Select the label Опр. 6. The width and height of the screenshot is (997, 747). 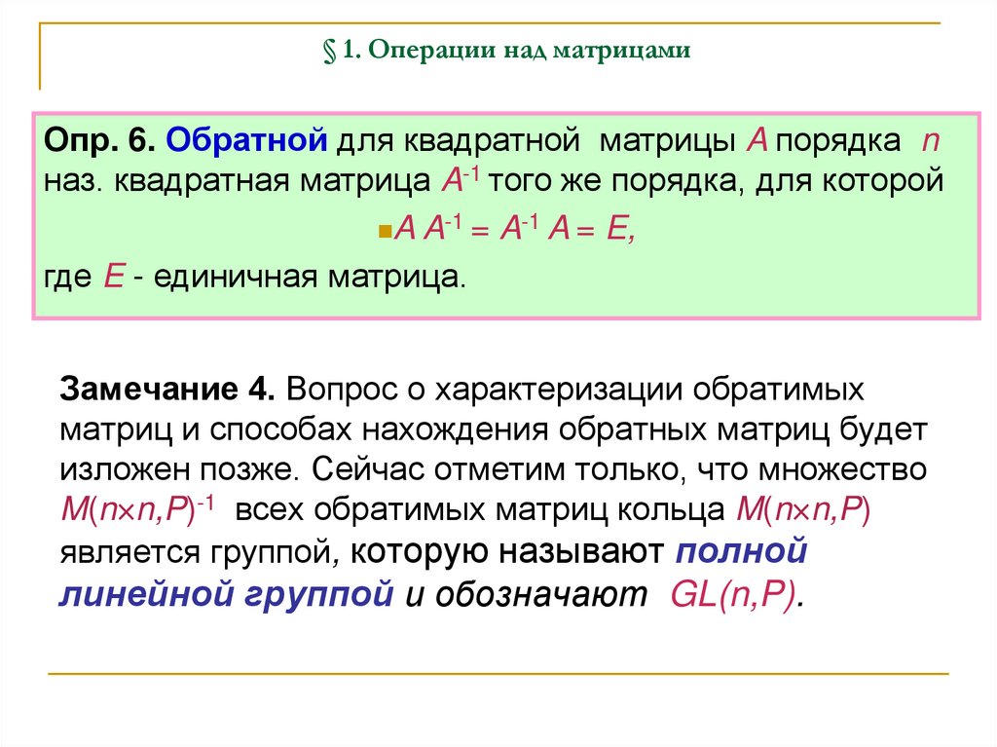[98, 142]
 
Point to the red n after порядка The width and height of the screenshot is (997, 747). [930, 142]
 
